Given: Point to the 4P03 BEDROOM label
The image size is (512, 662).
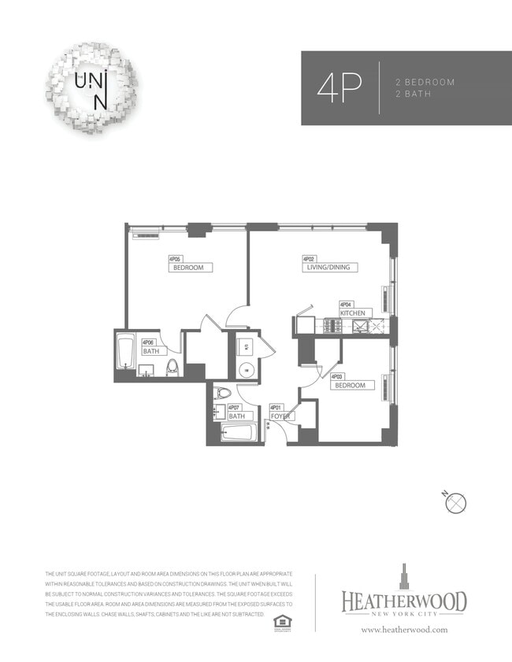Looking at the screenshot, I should pyautogui.click(x=350, y=385).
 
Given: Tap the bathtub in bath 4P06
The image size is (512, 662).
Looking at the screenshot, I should pyautogui.click(x=125, y=351).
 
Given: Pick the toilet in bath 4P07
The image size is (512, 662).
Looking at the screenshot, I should pyautogui.click(x=222, y=394).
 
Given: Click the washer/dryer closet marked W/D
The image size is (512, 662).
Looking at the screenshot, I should pyautogui.click(x=246, y=346).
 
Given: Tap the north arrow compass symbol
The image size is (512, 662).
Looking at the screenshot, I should pyautogui.click(x=457, y=501).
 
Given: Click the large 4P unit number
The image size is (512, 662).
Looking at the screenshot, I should pyautogui.click(x=339, y=87).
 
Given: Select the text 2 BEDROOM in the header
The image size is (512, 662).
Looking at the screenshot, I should pyautogui.click(x=425, y=82).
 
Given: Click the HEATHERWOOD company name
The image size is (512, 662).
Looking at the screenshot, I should pyautogui.click(x=403, y=601).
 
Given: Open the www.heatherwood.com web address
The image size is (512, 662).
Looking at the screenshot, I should pyautogui.click(x=404, y=629).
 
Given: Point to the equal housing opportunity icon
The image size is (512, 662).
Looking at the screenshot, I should pyautogui.click(x=279, y=622).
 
